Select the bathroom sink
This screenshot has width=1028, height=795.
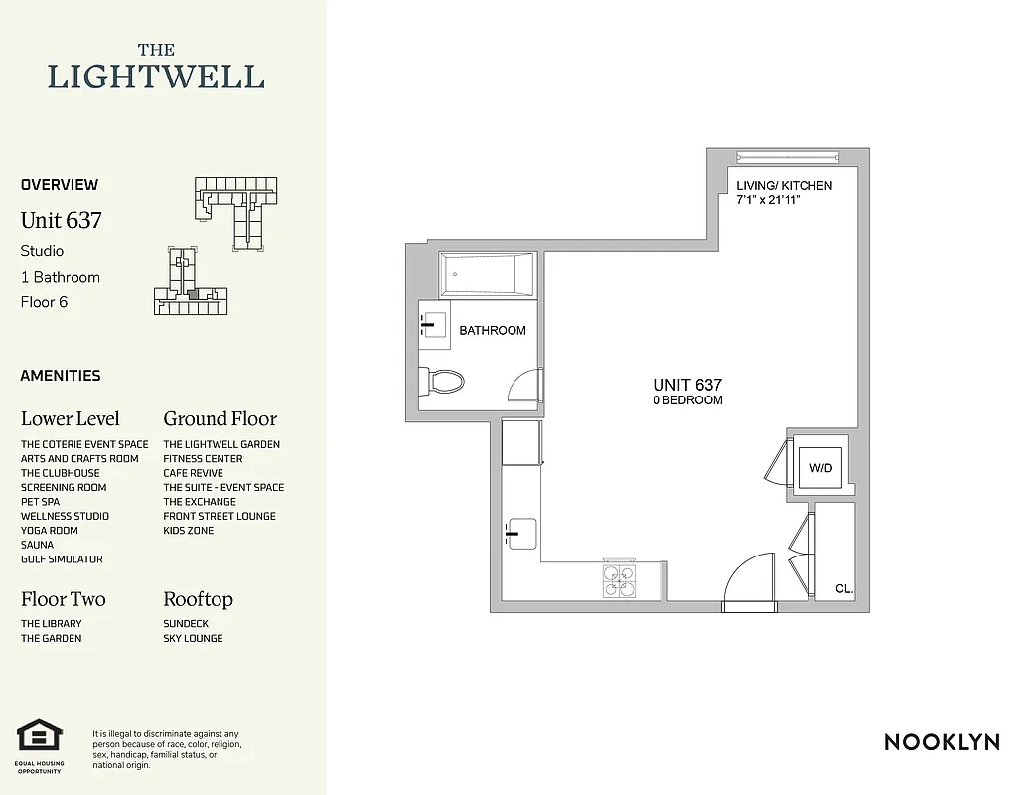point(434,322)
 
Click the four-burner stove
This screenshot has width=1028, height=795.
point(621,580)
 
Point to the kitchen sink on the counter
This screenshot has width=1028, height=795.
point(520,533)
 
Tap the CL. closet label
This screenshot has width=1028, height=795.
point(844,589)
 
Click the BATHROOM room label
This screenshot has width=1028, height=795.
point(492,331)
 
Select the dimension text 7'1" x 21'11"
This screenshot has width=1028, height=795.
point(769,200)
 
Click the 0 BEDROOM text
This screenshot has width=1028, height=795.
point(687,400)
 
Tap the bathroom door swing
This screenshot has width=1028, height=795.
point(525,386)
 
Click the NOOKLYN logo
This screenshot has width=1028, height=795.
point(942,741)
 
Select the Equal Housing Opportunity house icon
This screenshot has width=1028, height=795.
point(40,737)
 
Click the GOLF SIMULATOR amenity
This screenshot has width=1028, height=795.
point(62,559)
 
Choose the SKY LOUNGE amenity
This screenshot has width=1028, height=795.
point(193,638)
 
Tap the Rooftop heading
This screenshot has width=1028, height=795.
point(198,599)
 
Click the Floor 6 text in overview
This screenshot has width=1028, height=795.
point(44,302)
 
